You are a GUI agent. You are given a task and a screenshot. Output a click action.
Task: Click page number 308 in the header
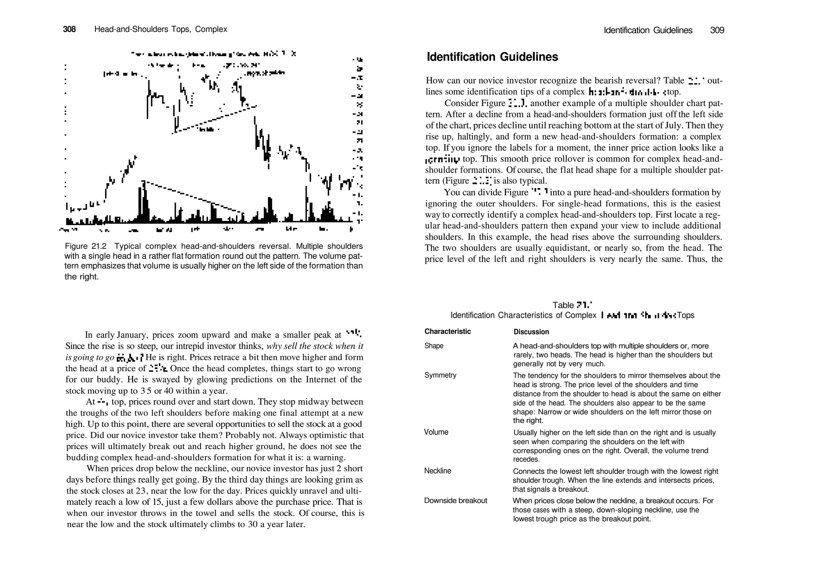pyautogui.click(x=69, y=29)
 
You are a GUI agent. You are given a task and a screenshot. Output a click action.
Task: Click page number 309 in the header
pyautogui.click(x=717, y=30)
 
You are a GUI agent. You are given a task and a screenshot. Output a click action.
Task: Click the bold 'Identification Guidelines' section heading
pyautogui.click(x=492, y=57)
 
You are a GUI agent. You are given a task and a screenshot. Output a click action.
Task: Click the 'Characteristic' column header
pyautogui.click(x=447, y=332)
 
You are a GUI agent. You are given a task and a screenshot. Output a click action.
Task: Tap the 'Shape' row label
pyautogui.click(x=434, y=346)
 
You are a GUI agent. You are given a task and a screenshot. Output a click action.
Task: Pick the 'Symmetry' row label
pyautogui.click(x=440, y=376)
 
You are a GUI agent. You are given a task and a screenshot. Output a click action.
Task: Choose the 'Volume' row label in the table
pyautogui.click(x=436, y=432)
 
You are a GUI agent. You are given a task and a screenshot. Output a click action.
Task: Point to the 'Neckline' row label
pyautogui.click(x=437, y=471)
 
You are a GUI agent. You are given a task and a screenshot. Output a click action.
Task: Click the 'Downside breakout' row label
pyautogui.click(x=455, y=501)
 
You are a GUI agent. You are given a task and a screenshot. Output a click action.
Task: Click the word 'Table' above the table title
pyautogui.click(x=563, y=305)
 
